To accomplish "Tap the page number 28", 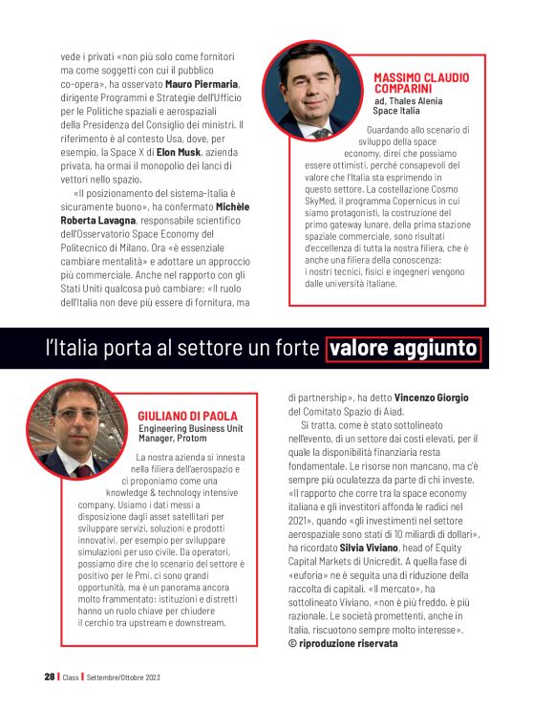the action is (49, 677).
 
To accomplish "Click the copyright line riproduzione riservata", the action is (347, 643).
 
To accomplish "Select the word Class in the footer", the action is (72, 677).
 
